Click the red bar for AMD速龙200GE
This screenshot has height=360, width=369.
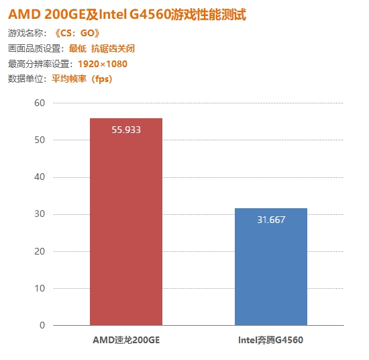[126, 222]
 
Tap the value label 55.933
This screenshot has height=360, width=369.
[126, 130]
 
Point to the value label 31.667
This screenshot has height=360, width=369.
[271, 220]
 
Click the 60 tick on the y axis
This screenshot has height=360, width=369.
[40, 103]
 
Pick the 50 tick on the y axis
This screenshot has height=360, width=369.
[40, 140]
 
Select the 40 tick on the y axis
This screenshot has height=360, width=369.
[40, 177]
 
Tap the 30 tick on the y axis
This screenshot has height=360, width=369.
[40, 214]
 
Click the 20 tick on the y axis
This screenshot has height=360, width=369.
[40, 251]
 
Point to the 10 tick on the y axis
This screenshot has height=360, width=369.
[40, 288]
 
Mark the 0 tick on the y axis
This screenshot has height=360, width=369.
[42, 325]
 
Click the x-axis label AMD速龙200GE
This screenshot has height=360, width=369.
[126, 340]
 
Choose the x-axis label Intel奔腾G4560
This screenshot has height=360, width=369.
[271, 340]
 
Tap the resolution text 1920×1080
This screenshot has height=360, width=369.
[102, 64]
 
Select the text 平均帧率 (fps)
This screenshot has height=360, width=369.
[81, 79]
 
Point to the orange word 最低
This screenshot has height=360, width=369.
[78, 48]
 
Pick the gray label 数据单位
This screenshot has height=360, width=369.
[27, 79]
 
